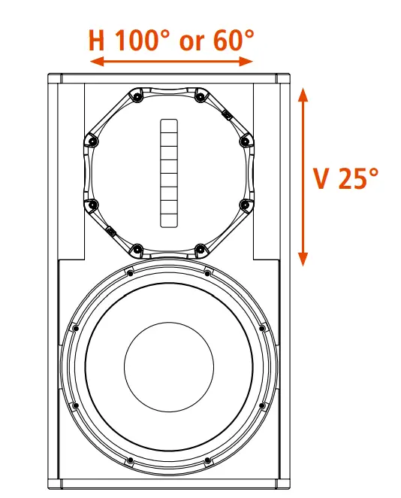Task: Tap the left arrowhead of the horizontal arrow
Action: pos(94,62)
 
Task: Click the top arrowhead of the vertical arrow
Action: pos(303,93)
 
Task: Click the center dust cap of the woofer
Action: pos(168,367)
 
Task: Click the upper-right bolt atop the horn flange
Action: pos(200,96)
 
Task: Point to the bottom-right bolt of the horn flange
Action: pos(200,248)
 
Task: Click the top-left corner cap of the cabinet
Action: pos(55,78)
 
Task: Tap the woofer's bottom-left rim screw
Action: pos(75,406)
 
